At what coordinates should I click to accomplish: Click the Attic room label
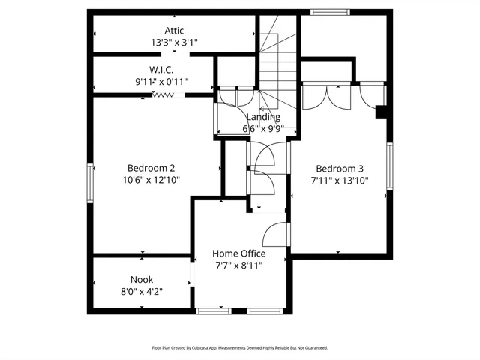pos(174,31)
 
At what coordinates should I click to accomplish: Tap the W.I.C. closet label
pos(161,69)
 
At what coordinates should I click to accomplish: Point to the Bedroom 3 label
pos(340,168)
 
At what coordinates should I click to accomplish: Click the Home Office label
pos(238,253)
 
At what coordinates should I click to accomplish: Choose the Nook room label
pos(141,280)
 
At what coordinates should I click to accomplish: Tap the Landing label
pos(263,117)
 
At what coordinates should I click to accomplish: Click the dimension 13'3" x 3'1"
pos(174,43)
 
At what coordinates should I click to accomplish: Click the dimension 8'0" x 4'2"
pos(141,291)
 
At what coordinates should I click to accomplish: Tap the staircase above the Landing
pos(279,60)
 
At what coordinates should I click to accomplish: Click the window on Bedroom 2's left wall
pos(90,183)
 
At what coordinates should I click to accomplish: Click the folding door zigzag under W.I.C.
pos(163,94)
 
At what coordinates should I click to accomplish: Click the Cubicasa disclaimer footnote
pos(240,348)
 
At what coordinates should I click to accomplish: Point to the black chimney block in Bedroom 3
pos(381,112)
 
